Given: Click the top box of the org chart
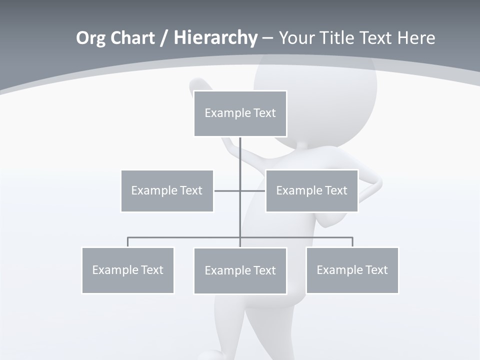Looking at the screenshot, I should (240, 113).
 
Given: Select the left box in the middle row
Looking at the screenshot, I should (167, 190).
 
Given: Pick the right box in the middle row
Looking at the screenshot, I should (311, 190).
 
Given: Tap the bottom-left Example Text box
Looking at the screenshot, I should (127, 270).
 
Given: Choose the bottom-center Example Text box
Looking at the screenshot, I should (240, 270).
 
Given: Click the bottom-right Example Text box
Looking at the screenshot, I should (352, 270).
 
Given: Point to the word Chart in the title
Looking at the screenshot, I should (132, 38).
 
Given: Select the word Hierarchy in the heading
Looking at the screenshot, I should (215, 38).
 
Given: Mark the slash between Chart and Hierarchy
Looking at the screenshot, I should (164, 38).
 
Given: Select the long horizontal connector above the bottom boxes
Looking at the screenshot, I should (185, 237).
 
